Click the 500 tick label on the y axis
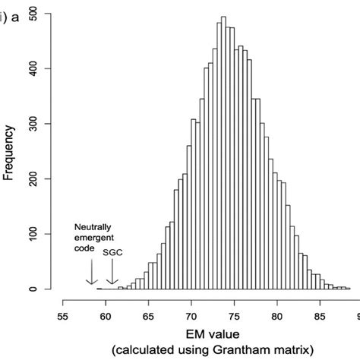point(34,14)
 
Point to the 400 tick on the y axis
point(34,69)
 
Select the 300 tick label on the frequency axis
point(34,125)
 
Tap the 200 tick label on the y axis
point(34,179)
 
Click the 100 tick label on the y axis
point(34,234)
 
